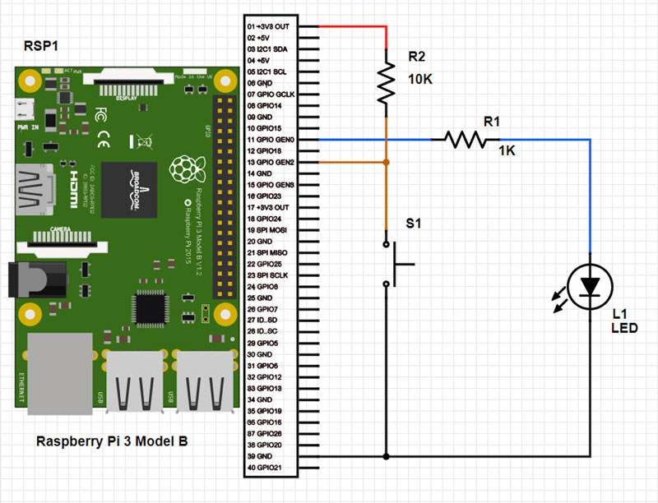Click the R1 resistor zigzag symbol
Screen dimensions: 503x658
point(465,140)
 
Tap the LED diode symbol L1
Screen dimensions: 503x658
point(590,286)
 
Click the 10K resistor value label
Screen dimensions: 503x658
point(421,80)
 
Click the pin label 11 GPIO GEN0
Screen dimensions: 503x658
point(271,141)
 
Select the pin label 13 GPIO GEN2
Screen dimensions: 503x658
point(271,163)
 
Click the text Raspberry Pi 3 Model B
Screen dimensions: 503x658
point(112,442)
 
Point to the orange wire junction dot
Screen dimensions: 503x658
point(386,163)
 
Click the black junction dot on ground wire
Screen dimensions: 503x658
point(386,456)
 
